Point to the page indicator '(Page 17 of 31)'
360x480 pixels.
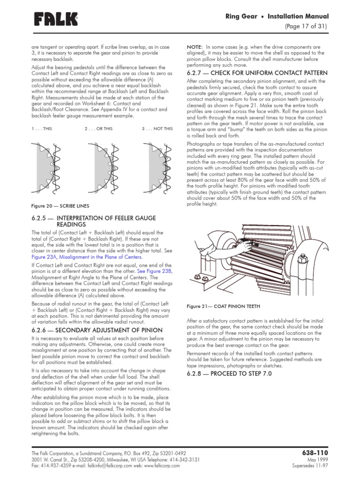306,26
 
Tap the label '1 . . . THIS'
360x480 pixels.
42,128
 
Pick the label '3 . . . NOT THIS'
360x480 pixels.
157,128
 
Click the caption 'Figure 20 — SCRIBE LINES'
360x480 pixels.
60,205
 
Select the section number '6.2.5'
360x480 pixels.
40,218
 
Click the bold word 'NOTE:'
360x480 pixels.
195,47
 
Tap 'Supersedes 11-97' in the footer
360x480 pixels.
310,466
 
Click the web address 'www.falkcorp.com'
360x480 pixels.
165,466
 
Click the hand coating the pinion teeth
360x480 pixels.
240,245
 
